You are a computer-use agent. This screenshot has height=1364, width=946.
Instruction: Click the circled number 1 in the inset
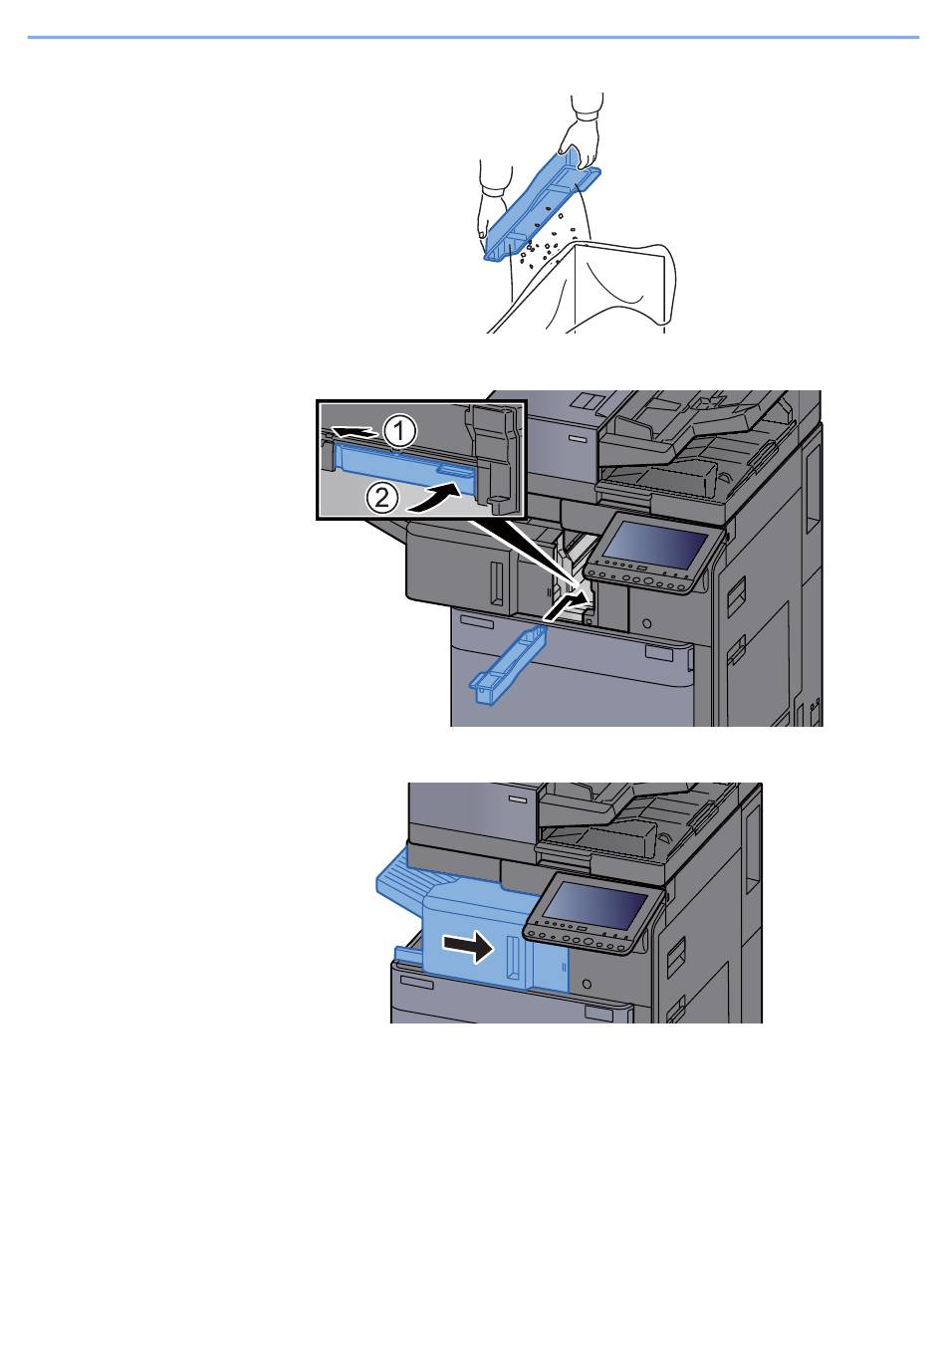pos(399,432)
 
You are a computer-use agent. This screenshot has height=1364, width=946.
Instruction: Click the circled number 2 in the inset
pos(381,499)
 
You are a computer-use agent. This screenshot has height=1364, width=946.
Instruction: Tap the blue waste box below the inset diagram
pos(508,665)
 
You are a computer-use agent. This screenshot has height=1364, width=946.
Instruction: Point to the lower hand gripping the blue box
pos(492,210)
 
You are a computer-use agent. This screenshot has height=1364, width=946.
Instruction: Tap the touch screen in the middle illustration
pos(655,545)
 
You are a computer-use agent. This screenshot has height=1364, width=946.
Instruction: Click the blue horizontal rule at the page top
pos(473,38)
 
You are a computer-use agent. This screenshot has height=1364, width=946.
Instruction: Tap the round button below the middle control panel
pos(646,623)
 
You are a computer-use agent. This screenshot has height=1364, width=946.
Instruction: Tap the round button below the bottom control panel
pos(586,984)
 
